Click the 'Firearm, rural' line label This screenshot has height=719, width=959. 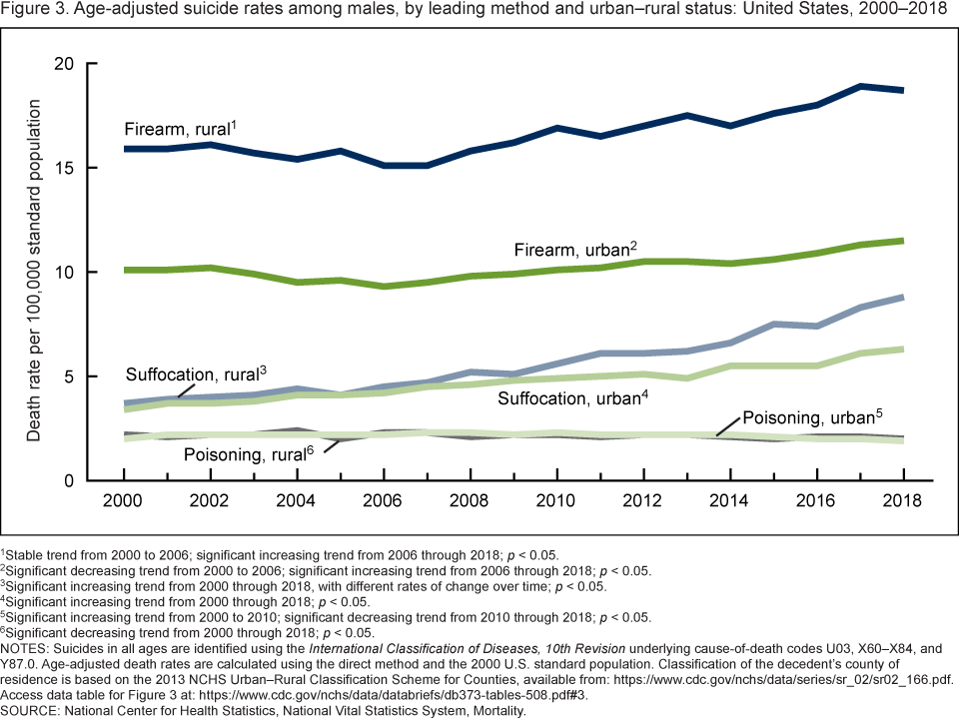pos(179,129)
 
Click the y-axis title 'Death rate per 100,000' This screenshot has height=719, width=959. pos(36,272)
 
